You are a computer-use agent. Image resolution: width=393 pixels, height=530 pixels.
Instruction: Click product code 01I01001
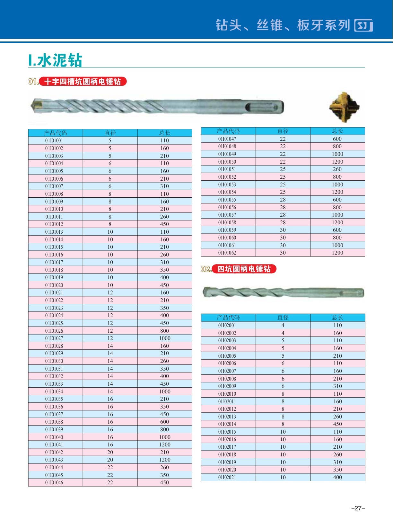(x=54, y=141)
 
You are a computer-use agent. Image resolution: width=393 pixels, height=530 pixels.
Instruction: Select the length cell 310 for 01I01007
(x=164, y=186)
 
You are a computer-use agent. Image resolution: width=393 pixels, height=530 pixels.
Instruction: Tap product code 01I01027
(x=54, y=338)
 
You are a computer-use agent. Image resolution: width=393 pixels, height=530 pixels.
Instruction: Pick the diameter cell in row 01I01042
(x=110, y=453)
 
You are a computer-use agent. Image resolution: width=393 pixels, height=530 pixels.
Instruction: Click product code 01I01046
(x=54, y=483)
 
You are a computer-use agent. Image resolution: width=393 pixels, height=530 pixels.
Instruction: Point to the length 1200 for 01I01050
(x=337, y=162)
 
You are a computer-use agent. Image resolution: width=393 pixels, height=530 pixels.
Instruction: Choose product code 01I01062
(x=227, y=253)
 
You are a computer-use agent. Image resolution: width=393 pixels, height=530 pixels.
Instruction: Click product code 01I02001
(x=227, y=326)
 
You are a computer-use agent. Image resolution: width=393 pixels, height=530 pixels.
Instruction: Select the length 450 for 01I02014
(x=337, y=424)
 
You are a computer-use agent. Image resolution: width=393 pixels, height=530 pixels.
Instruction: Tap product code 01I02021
(x=227, y=478)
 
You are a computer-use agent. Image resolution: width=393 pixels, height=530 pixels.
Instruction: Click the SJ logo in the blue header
(x=363, y=25)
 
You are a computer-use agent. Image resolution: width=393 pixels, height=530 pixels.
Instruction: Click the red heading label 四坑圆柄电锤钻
(x=244, y=269)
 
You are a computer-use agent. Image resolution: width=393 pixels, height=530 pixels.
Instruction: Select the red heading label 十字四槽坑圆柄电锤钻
(x=83, y=82)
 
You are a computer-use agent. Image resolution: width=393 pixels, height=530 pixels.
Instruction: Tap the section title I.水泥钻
(x=56, y=60)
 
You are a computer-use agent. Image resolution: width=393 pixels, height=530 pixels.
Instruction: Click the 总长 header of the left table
(x=165, y=133)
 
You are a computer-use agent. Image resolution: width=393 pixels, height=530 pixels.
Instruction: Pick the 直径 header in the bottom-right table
(x=283, y=318)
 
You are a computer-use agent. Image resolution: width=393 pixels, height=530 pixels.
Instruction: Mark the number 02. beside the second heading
(x=206, y=269)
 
